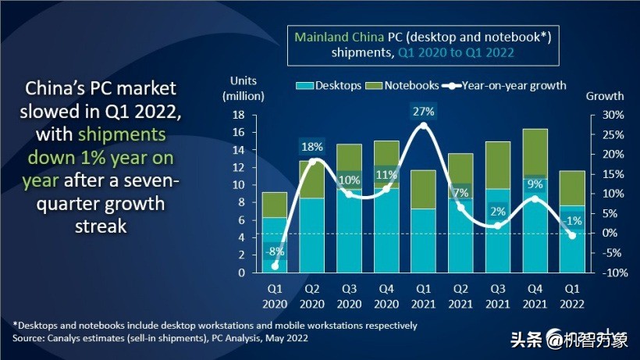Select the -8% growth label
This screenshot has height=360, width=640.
[x=274, y=251]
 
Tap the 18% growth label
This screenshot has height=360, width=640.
[x=312, y=146]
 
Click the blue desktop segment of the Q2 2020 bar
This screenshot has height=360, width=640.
[x=312, y=235]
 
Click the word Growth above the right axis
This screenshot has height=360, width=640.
[x=605, y=96]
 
